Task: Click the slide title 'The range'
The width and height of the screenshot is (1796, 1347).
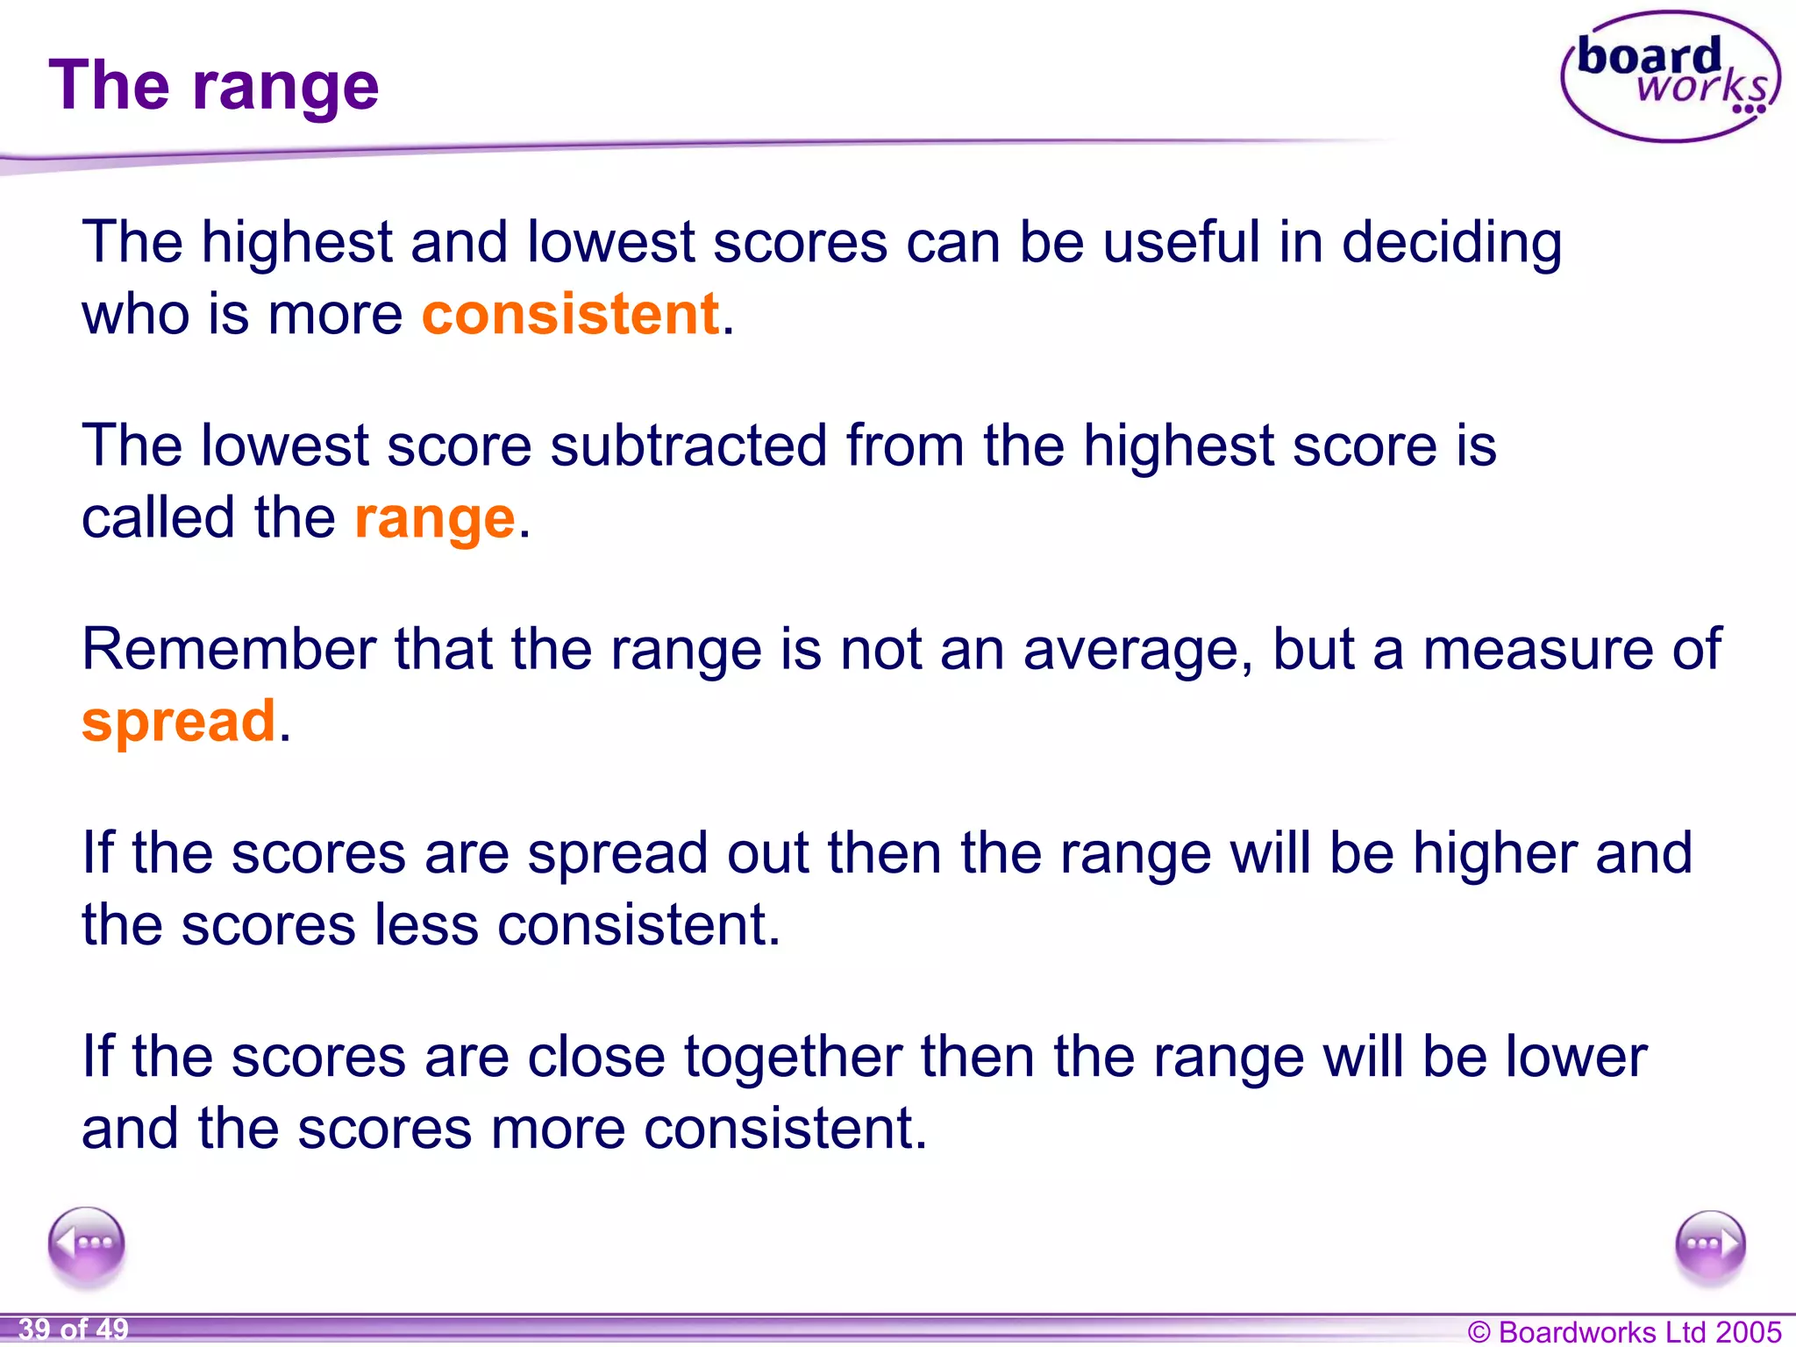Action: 214,86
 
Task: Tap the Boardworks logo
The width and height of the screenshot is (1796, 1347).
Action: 1670,76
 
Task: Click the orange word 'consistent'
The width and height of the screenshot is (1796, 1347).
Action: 570,314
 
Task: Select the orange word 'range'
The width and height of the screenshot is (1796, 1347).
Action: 434,518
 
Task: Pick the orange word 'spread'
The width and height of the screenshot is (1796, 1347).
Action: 179,721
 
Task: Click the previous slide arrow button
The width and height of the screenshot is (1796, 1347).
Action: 87,1244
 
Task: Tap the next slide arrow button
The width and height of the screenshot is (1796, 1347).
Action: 1709,1246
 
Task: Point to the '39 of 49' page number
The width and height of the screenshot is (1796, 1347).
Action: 74,1329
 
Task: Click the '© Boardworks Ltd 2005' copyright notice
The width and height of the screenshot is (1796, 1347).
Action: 1624,1331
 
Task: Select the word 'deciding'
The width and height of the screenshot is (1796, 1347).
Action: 1451,243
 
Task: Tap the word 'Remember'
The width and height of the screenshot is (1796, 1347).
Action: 229,650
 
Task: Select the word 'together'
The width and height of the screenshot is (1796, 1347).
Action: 793,1057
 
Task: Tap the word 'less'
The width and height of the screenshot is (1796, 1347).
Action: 426,925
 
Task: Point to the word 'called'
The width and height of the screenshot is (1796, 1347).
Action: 159,517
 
